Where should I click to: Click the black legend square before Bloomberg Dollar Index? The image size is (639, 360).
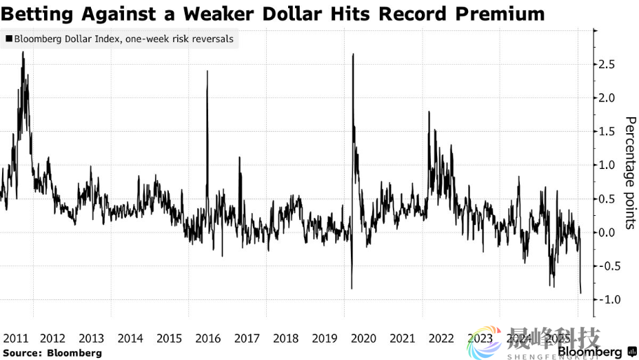(8, 39)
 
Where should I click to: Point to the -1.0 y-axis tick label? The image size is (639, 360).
(608, 299)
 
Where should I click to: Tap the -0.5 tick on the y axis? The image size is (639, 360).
(608, 266)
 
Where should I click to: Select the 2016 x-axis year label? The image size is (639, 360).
(208, 339)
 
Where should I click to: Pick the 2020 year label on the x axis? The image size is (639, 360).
(363, 339)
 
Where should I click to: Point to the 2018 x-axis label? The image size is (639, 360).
(285, 339)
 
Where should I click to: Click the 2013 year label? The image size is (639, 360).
(92, 339)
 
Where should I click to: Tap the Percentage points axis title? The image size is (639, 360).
(629, 172)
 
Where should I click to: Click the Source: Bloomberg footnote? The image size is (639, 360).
(52, 353)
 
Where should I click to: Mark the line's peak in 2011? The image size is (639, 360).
(23, 52)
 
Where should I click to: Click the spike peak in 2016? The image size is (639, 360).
(207, 71)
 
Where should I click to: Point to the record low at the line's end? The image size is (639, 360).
(580, 293)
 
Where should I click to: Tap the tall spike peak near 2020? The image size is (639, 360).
(353, 54)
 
